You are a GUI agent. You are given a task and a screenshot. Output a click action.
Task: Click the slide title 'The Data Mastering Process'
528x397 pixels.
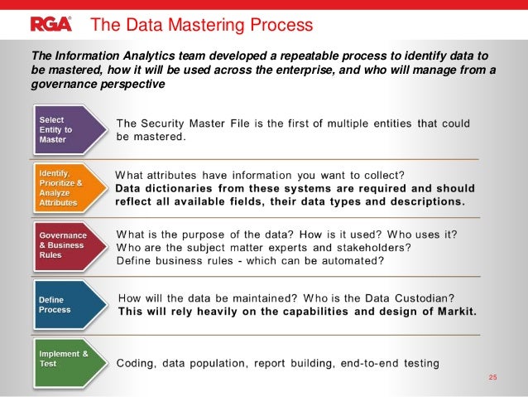201,24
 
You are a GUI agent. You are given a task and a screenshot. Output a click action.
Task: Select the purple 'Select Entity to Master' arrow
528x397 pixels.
68,130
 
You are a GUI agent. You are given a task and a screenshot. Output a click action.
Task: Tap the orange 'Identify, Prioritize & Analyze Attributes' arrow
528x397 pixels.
68,187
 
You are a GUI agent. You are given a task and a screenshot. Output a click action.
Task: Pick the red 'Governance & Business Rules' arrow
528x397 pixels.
68,246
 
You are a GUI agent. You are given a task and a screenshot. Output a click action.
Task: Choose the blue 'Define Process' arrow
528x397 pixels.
68,304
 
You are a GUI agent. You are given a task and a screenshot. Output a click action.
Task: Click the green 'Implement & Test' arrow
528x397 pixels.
68,362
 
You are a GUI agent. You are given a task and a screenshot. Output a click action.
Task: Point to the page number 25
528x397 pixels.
493,379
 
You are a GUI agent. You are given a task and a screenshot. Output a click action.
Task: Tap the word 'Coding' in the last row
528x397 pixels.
137,364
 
